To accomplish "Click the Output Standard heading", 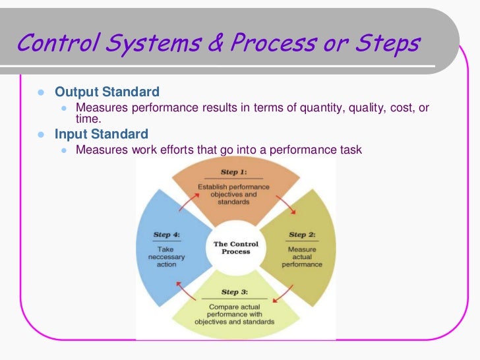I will [x=107, y=92].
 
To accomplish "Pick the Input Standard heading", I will [x=101, y=135].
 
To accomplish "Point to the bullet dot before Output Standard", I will [x=40, y=92].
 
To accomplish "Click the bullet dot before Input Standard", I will [x=40, y=135].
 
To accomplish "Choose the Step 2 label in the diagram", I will [x=302, y=235].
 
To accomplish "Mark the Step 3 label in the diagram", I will [x=234, y=292].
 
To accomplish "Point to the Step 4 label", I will [x=165, y=234].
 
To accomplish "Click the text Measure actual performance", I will [x=302, y=257].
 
